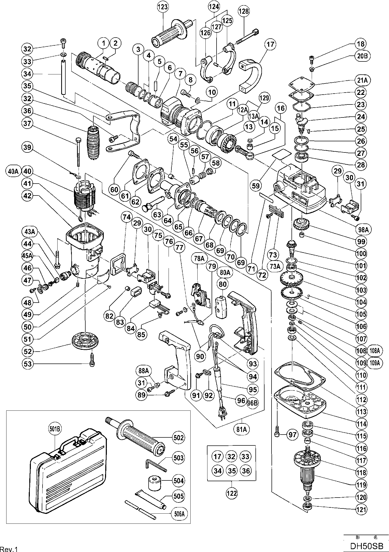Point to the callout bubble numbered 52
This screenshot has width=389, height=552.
coord(28,352)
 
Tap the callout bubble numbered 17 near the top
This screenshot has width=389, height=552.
coord(270,44)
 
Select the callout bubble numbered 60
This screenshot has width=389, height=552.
coord(114,190)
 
